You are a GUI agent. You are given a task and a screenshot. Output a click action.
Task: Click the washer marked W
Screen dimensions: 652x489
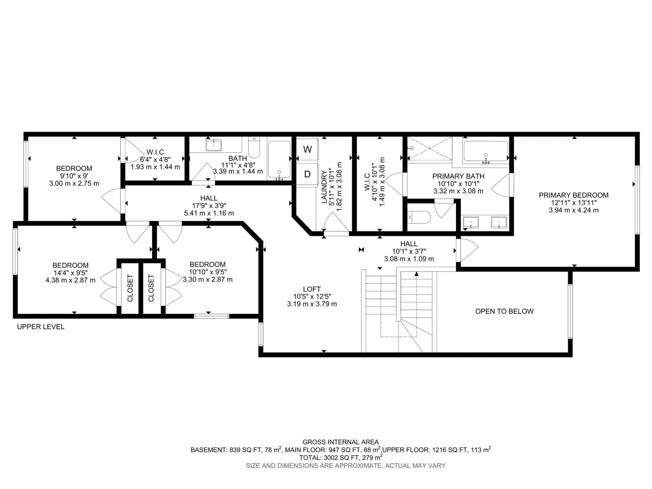click(307, 149)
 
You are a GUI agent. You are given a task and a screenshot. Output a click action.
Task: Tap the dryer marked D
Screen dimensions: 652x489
click(307, 174)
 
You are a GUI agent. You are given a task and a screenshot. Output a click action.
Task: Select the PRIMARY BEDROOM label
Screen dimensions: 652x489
click(573, 195)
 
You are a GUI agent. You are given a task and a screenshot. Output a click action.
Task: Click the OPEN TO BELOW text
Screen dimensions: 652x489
click(504, 311)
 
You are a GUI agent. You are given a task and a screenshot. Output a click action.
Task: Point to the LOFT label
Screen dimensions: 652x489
click(312, 289)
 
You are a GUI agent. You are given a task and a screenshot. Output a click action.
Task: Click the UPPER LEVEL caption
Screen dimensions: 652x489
click(41, 326)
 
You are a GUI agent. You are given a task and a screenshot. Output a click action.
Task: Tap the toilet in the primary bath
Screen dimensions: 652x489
click(419, 217)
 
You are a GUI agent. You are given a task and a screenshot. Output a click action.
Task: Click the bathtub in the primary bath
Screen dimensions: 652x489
click(486, 152)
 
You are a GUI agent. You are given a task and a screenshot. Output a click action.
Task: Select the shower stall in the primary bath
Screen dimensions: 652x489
click(430, 148)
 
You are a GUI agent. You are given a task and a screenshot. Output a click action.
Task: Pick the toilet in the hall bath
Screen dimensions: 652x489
click(254, 148)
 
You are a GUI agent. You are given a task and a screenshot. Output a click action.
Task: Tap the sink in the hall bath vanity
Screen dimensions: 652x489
click(214, 145)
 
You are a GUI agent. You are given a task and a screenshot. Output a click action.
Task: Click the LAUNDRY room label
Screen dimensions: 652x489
click(324, 187)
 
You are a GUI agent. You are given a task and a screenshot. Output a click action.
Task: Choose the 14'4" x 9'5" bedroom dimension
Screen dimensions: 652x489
click(70, 273)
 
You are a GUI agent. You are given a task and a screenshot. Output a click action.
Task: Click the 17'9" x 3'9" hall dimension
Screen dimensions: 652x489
click(209, 205)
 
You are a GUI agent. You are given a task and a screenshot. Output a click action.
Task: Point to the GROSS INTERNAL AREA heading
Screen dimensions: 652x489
click(340, 442)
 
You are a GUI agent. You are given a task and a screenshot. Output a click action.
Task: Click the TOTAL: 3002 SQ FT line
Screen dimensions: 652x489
click(340, 457)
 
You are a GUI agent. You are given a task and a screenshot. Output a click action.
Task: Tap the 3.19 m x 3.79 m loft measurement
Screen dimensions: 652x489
click(312, 304)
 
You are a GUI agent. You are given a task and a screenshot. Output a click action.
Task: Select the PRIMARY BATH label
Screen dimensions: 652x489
click(458, 176)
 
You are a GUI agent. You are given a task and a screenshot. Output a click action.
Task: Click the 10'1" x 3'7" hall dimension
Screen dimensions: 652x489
click(409, 251)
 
